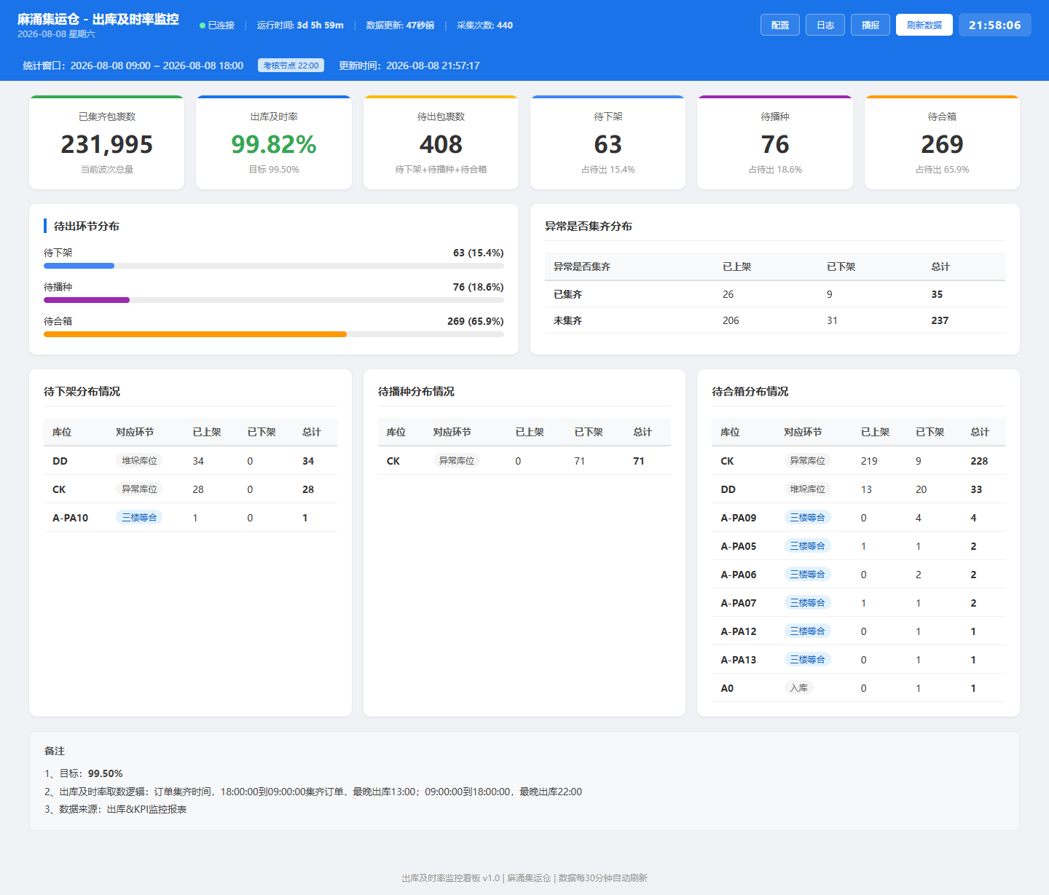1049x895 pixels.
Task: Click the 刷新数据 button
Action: click(924, 25)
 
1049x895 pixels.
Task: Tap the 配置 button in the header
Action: click(779, 25)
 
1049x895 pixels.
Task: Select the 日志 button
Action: click(825, 25)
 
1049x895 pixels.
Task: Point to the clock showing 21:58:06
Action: click(994, 25)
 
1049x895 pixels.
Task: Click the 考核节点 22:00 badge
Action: click(291, 66)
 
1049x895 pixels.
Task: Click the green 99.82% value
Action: click(274, 144)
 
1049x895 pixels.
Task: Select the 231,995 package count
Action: click(106, 144)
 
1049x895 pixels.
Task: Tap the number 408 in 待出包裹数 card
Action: click(441, 144)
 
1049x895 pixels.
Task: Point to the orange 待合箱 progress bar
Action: click(195, 334)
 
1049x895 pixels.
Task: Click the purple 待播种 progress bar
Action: click(86, 300)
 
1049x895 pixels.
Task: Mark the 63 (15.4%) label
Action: click(478, 253)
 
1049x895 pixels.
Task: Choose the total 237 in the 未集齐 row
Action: click(940, 320)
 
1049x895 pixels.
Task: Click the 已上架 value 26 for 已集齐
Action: click(728, 294)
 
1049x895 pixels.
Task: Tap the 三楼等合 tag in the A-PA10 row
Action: click(139, 518)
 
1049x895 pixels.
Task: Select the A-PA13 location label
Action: click(738, 660)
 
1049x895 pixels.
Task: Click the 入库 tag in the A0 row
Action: click(798, 688)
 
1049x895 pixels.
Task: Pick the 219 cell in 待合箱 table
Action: click(869, 461)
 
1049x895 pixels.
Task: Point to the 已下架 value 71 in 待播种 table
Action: click(579, 461)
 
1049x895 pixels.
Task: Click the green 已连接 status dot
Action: click(203, 25)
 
